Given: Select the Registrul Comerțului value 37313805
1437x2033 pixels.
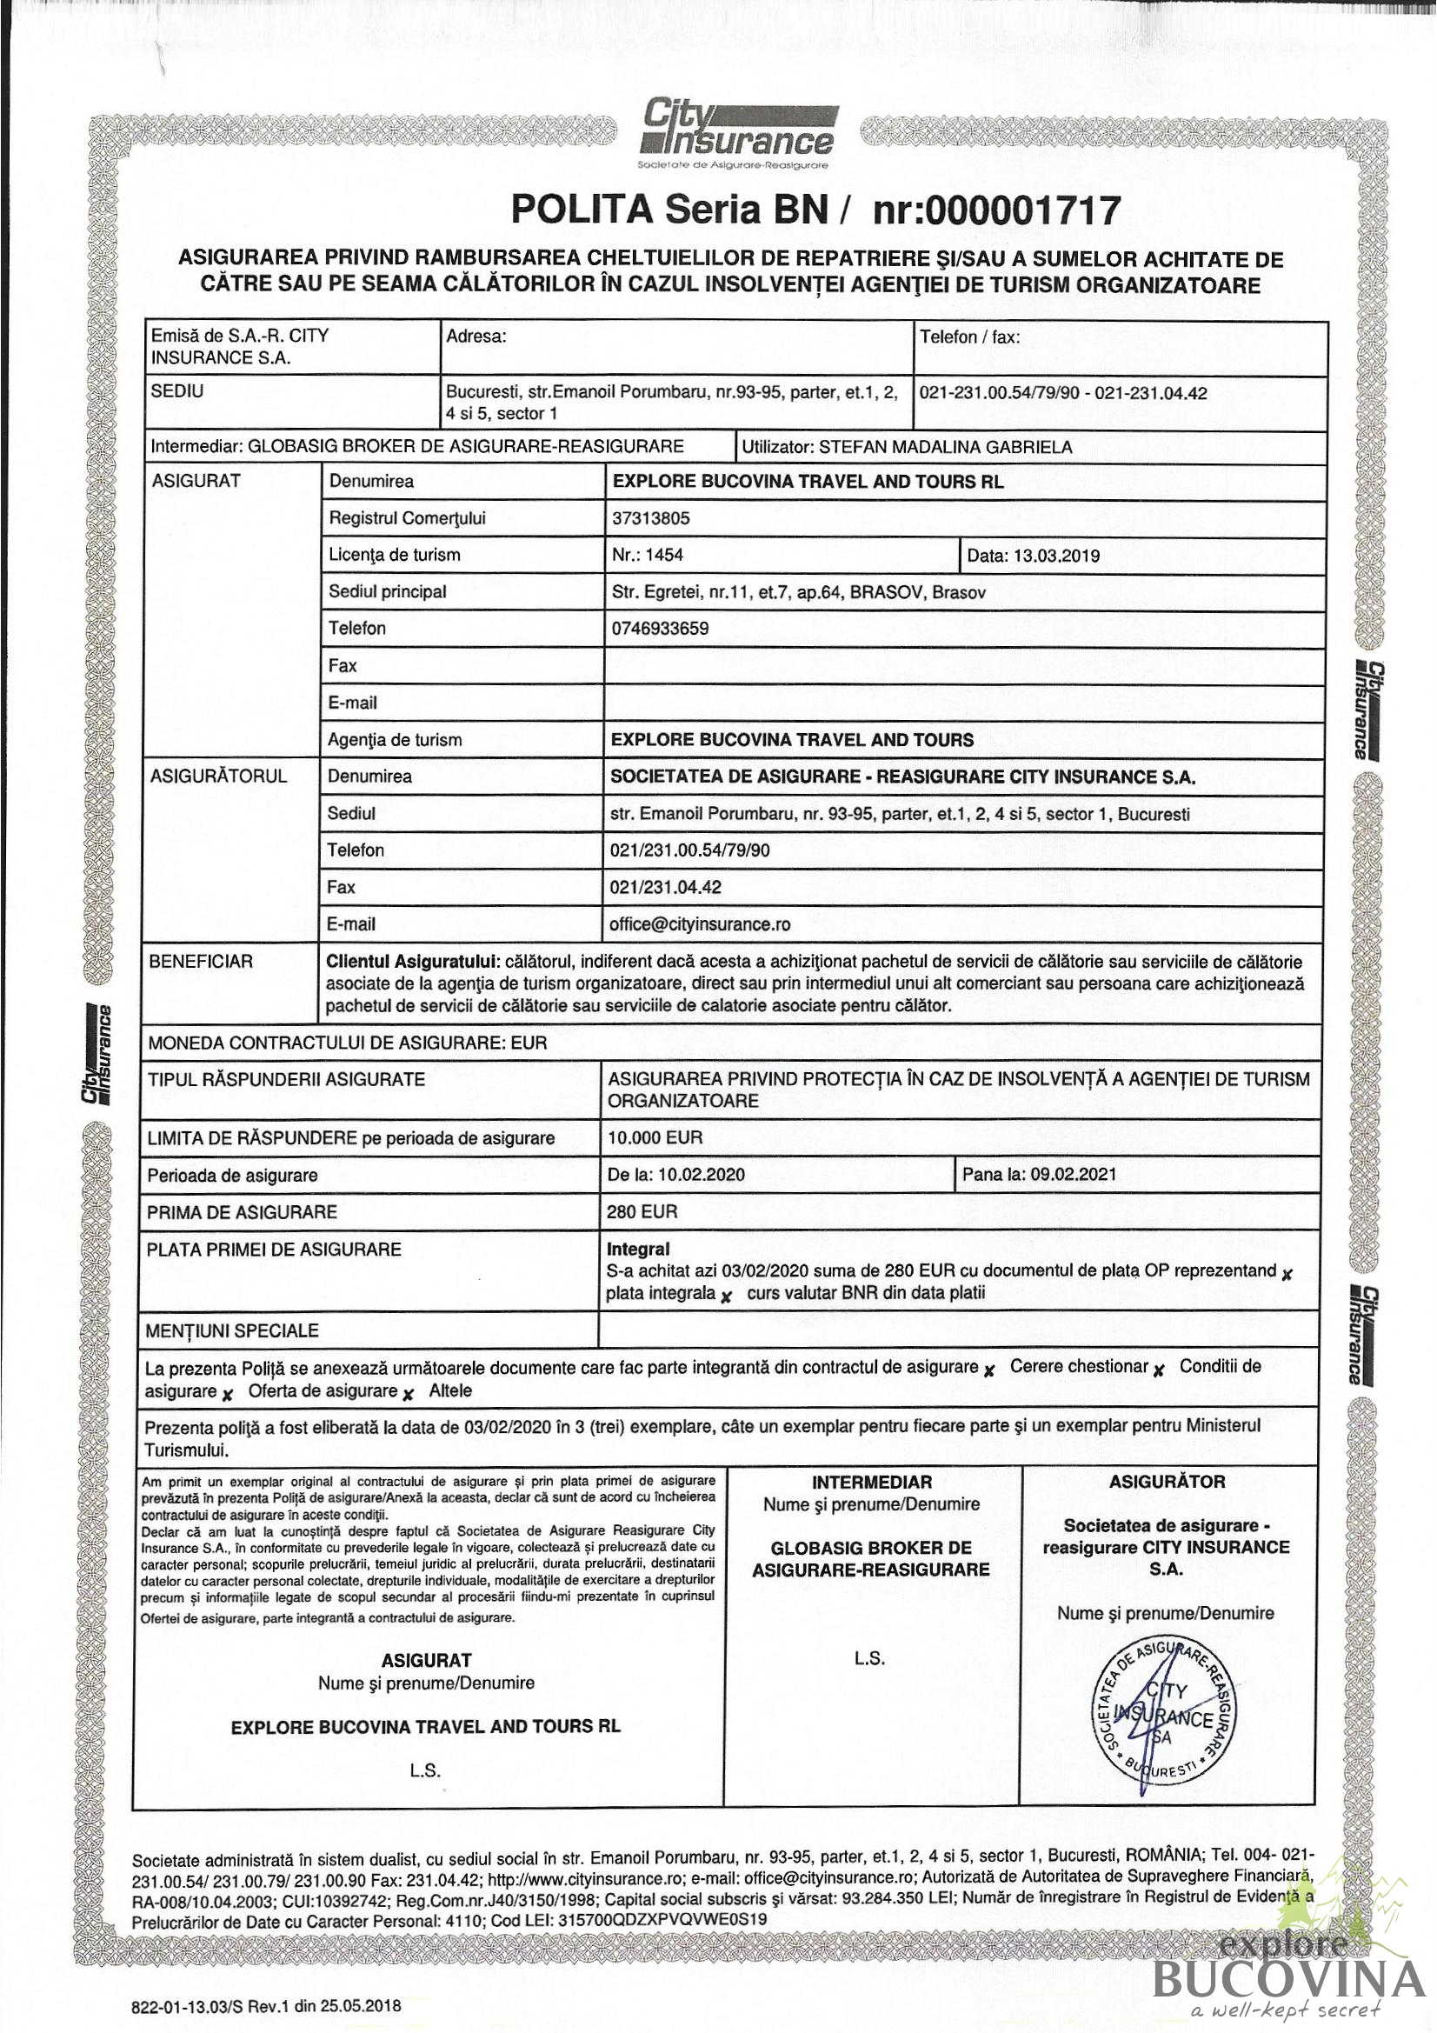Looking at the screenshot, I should coord(651,519).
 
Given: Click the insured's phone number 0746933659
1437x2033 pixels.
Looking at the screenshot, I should coord(660,629).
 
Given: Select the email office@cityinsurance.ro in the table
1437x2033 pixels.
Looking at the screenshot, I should coord(700,924).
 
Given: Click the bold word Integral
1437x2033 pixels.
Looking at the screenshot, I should coord(637,1250).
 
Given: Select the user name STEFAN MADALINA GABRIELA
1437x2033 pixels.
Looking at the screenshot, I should coord(945,447).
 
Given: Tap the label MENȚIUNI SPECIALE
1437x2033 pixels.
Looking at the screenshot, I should coord(232,1330).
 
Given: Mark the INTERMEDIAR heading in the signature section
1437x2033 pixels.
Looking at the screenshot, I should coord(871,1483).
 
